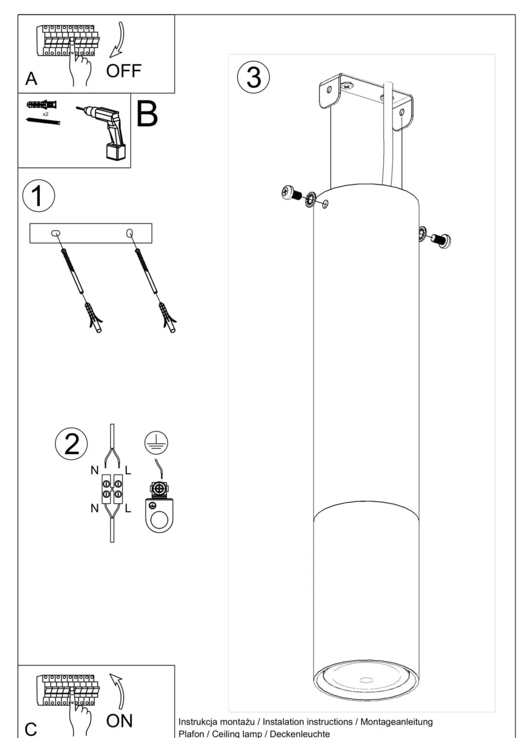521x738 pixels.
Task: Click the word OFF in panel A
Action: coord(124,71)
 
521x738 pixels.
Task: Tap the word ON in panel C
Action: coord(119,721)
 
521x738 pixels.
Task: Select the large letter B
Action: coord(147,114)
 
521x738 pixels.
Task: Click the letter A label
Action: coord(31,78)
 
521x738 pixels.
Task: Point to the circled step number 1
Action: coord(39,196)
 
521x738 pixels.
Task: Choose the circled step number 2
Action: coord(71,444)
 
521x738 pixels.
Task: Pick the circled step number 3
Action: coord(254,77)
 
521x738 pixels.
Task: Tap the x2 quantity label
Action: coord(46,114)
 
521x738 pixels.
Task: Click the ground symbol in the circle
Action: coord(156,442)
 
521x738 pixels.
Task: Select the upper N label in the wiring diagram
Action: coord(95,470)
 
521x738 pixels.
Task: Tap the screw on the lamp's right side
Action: coord(440,240)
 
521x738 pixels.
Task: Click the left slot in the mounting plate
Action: coord(56,233)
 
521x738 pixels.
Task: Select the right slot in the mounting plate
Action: coord(129,233)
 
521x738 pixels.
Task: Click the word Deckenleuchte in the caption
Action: coord(300,734)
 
